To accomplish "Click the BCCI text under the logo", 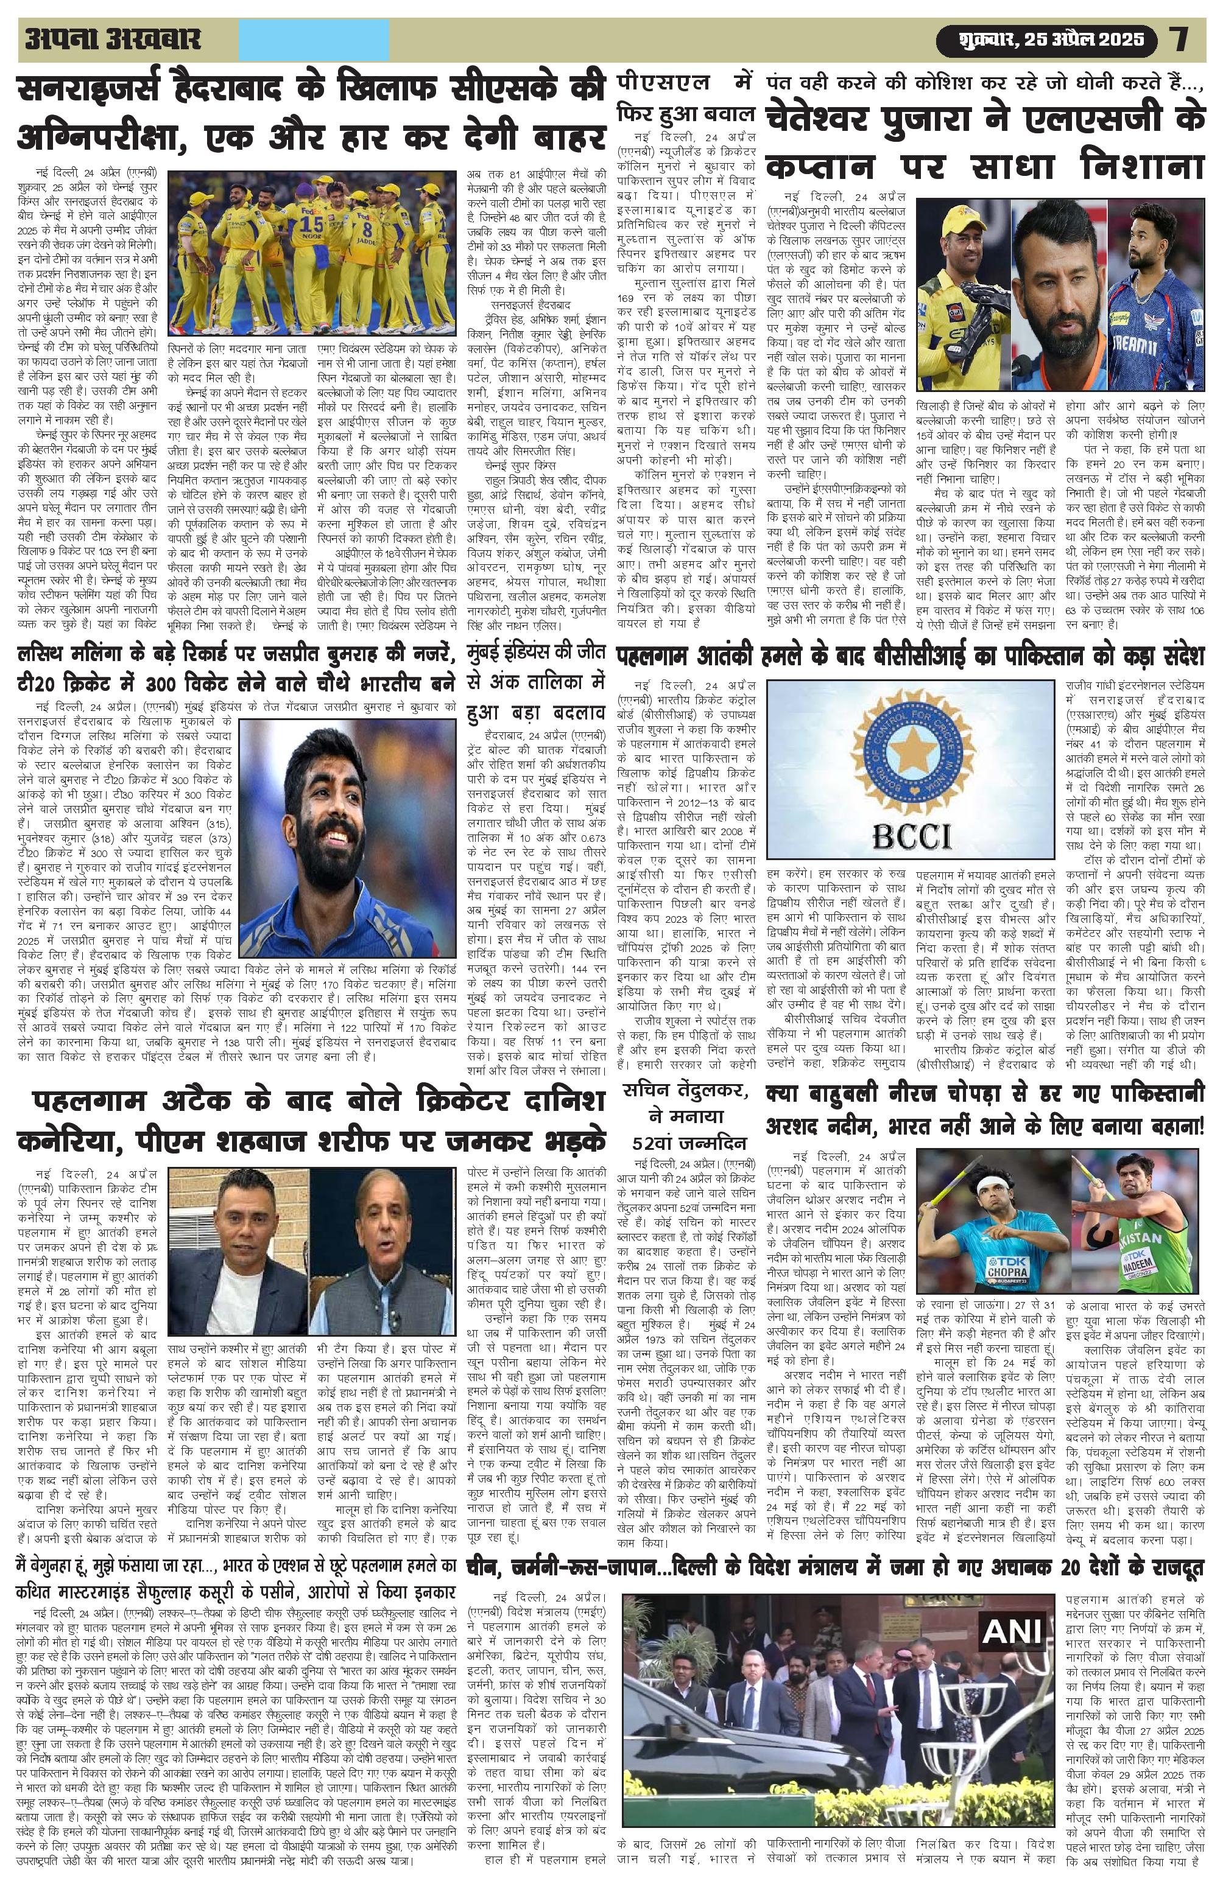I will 912,833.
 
